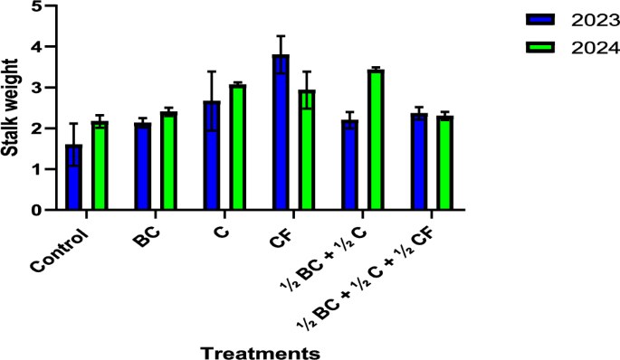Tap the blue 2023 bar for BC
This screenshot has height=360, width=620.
pos(143,167)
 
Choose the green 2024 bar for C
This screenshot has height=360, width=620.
pos(237,148)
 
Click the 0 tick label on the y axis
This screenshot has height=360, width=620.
pos(36,211)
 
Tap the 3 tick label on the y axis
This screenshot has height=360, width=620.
pos(36,88)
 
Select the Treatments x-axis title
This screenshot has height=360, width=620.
pos(260,351)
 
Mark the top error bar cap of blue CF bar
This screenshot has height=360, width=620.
pos(281,36)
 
